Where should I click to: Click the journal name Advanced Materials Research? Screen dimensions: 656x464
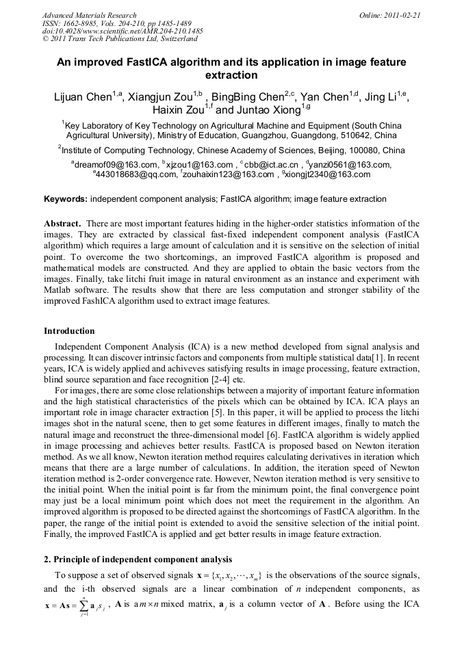pos(90,15)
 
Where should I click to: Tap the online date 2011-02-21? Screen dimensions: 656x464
pos(402,15)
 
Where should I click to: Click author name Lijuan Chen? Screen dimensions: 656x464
pos(83,97)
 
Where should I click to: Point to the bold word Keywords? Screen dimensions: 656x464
pos(66,199)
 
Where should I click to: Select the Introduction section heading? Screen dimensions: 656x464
pos(69,331)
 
